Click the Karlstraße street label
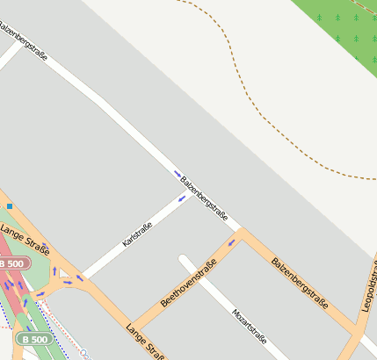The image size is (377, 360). [x=138, y=234]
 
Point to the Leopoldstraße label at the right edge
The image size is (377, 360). [x=369, y=285]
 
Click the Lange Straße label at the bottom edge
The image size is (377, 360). [x=145, y=342]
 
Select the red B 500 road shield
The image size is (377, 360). [x=13, y=263]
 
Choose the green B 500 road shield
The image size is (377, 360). [x=34, y=339]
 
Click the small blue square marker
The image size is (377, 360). [x=9, y=206]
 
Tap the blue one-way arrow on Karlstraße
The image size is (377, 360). [x=182, y=198]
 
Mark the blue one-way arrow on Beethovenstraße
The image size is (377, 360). [x=232, y=242]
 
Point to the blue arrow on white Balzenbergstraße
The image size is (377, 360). [x=178, y=174]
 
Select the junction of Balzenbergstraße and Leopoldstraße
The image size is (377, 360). [x=357, y=333]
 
